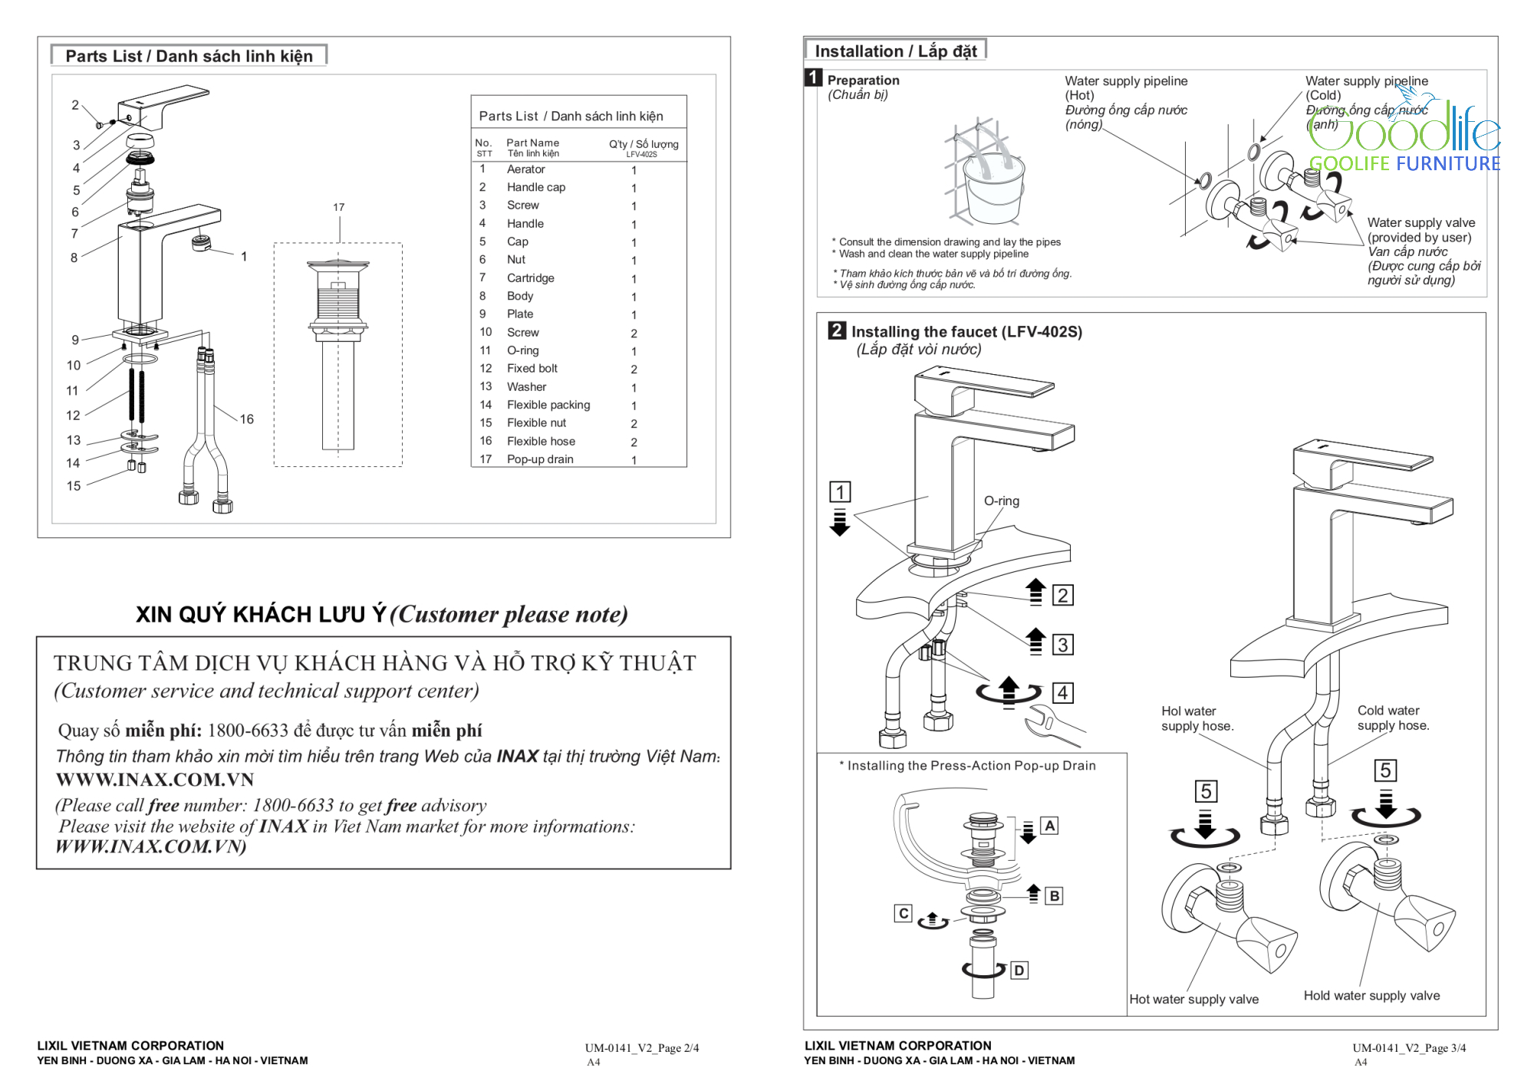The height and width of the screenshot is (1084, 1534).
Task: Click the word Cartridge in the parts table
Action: (x=530, y=278)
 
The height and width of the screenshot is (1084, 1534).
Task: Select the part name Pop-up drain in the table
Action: (x=540, y=459)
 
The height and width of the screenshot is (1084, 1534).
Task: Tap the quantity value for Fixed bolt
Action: (x=634, y=370)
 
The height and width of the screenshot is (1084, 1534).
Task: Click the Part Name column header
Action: (x=532, y=143)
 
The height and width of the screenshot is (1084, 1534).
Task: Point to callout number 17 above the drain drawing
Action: (x=339, y=208)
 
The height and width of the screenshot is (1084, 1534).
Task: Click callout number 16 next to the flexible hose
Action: (x=246, y=419)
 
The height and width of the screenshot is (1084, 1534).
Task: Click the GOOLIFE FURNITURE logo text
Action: (x=1404, y=163)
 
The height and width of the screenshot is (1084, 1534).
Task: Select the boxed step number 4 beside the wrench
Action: (x=1062, y=693)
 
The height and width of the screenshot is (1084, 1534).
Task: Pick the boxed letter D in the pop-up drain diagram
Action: (x=1019, y=971)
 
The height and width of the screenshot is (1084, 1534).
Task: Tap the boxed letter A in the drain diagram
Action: (x=1049, y=826)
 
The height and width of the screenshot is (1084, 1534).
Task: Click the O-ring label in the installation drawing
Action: (x=1002, y=501)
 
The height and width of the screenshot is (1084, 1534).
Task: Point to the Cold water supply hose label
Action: (x=1393, y=718)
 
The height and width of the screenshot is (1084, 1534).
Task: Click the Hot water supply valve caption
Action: (x=1193, y=999)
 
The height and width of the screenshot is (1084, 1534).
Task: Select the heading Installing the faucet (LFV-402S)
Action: (x=966, y=332)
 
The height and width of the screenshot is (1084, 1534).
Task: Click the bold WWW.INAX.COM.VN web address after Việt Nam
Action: (x=155, y=780)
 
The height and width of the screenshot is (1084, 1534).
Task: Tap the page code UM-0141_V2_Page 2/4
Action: (x=642, y=1048)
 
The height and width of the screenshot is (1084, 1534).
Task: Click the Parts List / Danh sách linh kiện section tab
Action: (x=189, y=56)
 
